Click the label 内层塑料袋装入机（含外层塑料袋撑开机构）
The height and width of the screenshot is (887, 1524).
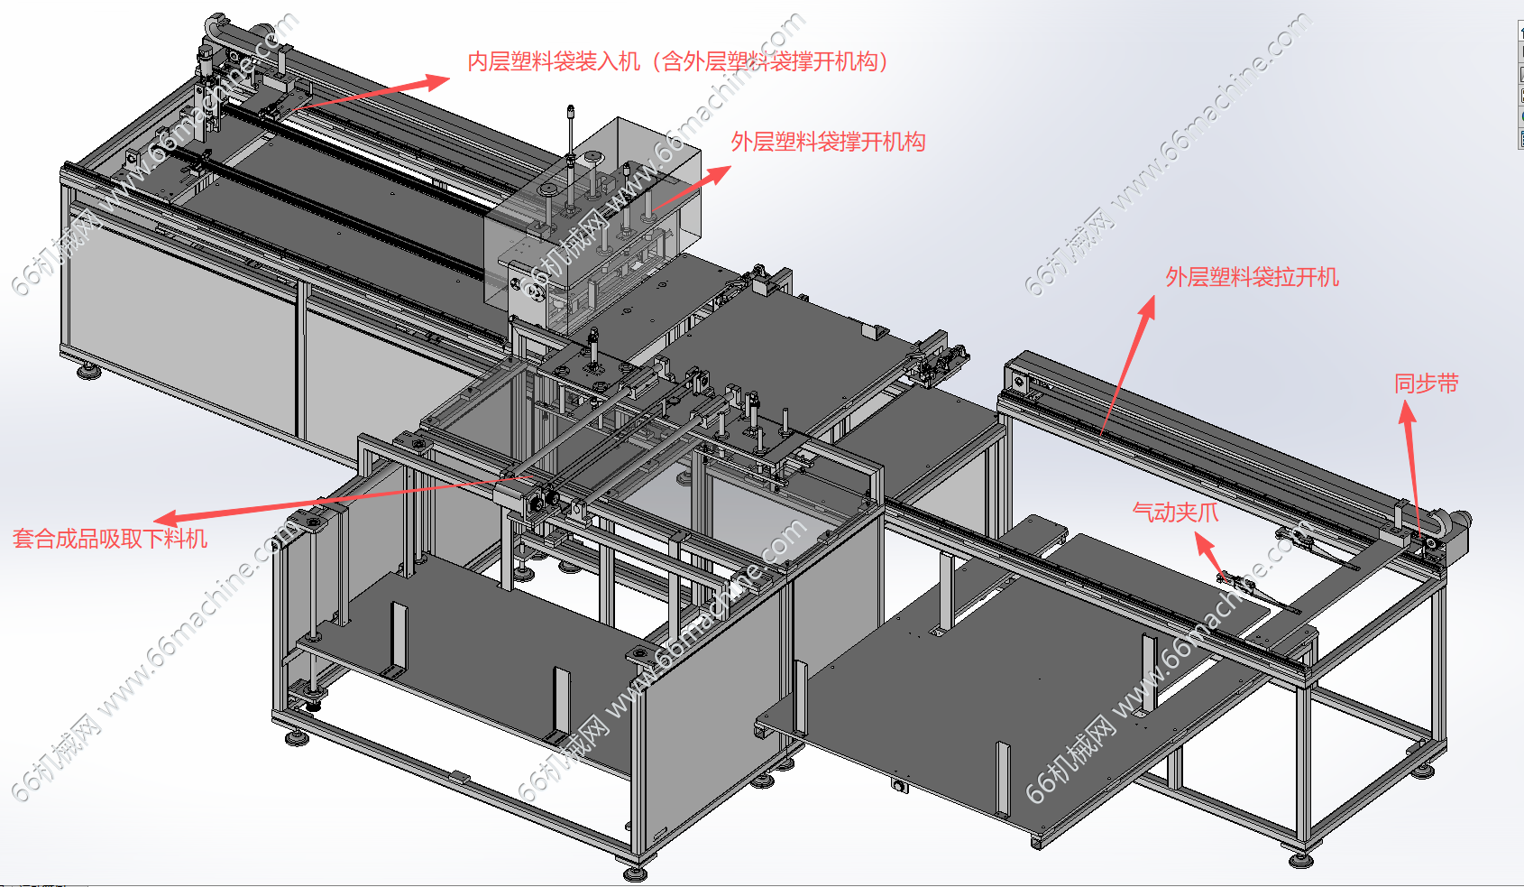point(677,62)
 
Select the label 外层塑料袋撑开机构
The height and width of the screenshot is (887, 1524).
point(828,142)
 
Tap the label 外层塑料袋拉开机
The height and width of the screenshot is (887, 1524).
point(1252,277)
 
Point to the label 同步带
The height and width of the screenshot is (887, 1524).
point(1426,383)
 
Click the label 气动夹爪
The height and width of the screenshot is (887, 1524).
point(1175,512)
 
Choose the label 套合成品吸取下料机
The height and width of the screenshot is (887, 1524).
point(109,539)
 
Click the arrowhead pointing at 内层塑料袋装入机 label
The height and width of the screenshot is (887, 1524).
point(436,82)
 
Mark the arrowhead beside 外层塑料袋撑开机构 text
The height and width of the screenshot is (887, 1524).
point(717,174)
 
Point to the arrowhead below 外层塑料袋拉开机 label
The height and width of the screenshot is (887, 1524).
point(1149,308)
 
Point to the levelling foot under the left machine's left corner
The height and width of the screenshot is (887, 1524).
point(89,371)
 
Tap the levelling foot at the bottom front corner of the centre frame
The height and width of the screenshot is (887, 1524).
point(635,872)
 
